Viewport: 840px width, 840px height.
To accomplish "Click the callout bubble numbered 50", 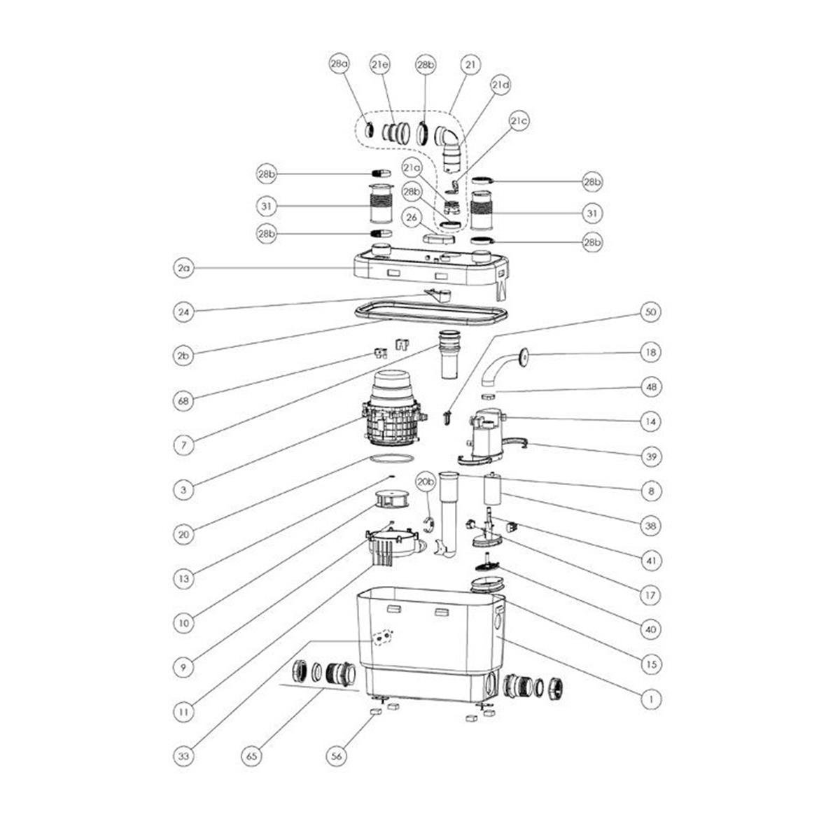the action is coord(650,312).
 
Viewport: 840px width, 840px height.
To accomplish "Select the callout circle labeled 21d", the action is coord(500,85).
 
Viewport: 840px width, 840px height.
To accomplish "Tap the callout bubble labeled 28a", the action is coord(339,64).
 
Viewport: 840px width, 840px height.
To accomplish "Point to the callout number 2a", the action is coord(183,268).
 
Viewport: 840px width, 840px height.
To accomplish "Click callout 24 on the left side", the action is coord(183,312).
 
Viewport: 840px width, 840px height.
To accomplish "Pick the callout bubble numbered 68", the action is coord(183,400).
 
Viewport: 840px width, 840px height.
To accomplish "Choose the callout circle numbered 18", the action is coord(650,352).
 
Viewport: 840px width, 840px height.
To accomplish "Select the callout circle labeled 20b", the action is coord(426,482).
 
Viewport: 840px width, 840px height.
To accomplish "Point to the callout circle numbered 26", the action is coord(412,218).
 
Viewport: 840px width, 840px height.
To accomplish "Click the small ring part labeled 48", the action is coord(489,395).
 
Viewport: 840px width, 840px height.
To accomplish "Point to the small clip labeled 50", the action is coord(447,418).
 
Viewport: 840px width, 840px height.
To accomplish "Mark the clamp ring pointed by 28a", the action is coord(370,129).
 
